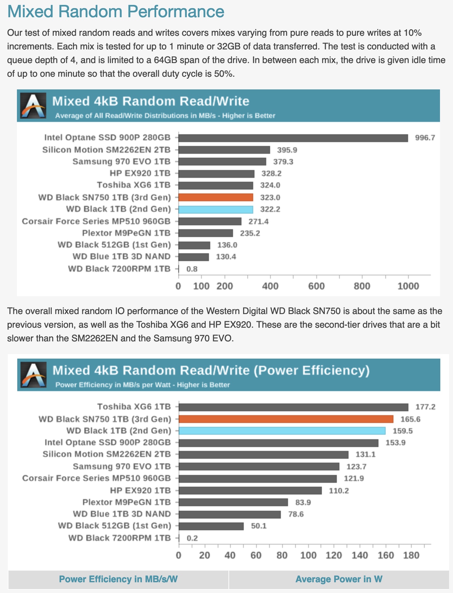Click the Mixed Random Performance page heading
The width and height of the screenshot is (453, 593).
116,12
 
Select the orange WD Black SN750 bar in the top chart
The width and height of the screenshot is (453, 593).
216,197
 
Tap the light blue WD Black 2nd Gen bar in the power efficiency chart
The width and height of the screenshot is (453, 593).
282,431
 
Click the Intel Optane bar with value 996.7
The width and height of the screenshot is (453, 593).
293,138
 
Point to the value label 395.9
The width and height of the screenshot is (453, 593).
287,150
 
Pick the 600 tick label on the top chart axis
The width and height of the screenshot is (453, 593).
316,286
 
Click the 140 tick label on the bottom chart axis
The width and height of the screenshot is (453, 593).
360,555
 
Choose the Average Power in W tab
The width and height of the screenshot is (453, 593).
339,579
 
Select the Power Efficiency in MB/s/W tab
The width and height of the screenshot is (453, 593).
118,579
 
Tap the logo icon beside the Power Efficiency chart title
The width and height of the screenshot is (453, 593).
34,375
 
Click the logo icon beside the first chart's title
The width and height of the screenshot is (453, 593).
33,106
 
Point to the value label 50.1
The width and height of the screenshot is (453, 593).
259,526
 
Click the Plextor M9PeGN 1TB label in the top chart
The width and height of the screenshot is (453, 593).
126,233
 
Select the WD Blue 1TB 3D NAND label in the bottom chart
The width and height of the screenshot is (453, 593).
122,514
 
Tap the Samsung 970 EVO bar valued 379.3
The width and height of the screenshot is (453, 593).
222,162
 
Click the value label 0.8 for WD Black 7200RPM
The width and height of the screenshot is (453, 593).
192,269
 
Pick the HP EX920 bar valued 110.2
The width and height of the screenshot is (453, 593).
250,491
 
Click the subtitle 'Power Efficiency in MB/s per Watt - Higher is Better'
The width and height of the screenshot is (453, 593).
143,385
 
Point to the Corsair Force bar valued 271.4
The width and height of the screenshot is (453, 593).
210,221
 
